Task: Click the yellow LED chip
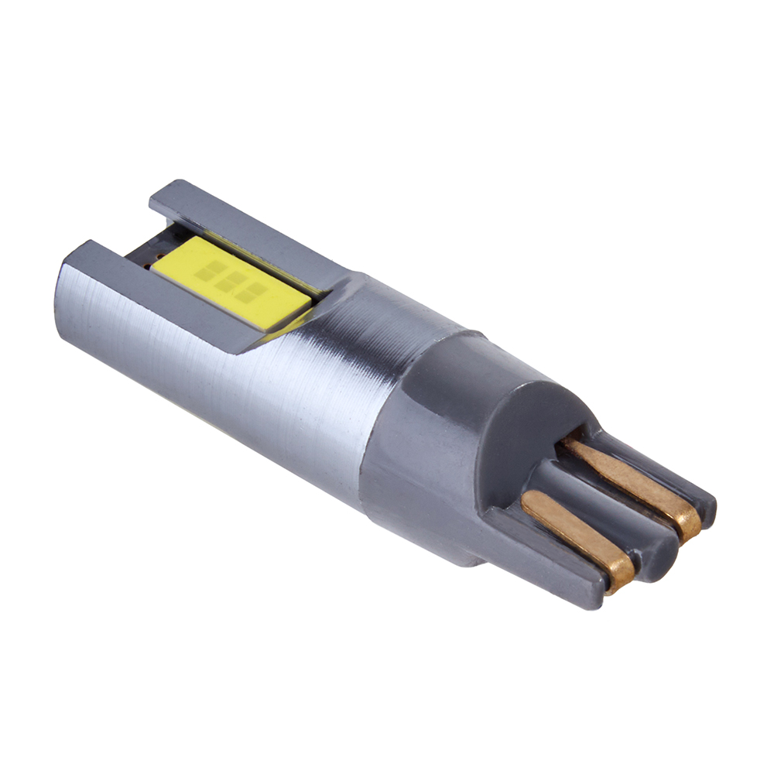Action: point(232,283)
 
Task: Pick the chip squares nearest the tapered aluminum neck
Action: point(249,293)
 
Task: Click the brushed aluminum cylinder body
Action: point(217,387)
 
